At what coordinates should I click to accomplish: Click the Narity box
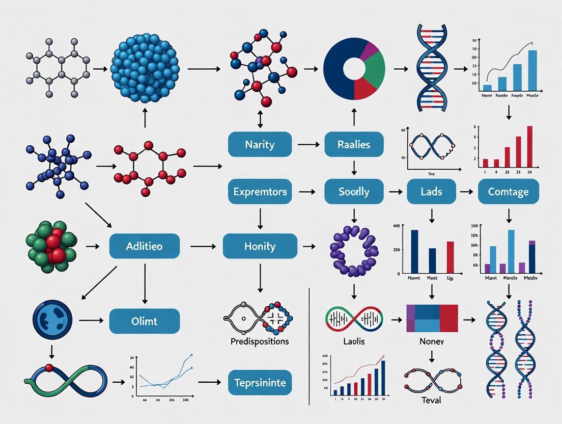[260, 145]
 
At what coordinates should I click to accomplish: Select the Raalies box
[353, 145]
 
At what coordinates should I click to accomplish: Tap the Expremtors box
[260, 192]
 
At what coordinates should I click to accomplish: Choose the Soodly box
[353, 192]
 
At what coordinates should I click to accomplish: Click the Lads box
[431, 192]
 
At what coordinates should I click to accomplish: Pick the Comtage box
[508, 192]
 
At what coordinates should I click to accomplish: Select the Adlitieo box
[145, 247]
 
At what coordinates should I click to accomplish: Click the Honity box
[260, 247]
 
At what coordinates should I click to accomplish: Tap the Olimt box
[145, 321]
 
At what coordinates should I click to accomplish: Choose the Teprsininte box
[260, 382]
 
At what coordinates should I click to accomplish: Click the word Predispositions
[260, 341]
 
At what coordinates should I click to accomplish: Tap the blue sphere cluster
[145, 67]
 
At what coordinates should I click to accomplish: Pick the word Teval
[431, 400]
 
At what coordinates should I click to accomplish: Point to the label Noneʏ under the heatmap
[431, 341]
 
